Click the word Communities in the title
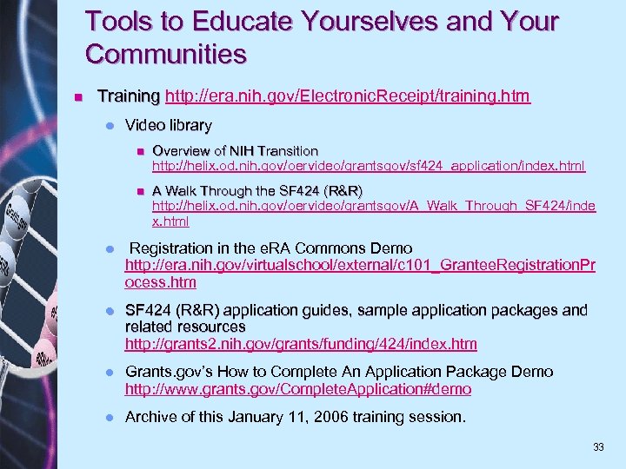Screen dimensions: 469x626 pos(166,55)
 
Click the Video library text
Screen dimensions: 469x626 pos(168,125)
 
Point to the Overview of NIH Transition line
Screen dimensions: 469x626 pos(235,150)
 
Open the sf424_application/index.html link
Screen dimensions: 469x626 pos(369,165)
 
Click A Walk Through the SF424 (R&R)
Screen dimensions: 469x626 pos(257,191)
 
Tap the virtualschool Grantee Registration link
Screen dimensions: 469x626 pos(360,266)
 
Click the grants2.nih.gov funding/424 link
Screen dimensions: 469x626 pos(301,344)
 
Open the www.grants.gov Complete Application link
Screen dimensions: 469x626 pos(298,389)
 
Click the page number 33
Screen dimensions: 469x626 pos(598,447)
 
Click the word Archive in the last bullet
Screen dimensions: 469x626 pos(151,418)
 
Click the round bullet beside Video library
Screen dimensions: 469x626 pos(109,126)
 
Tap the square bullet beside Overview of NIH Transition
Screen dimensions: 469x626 pos(138,151)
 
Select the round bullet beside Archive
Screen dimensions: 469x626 pos(109,418)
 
